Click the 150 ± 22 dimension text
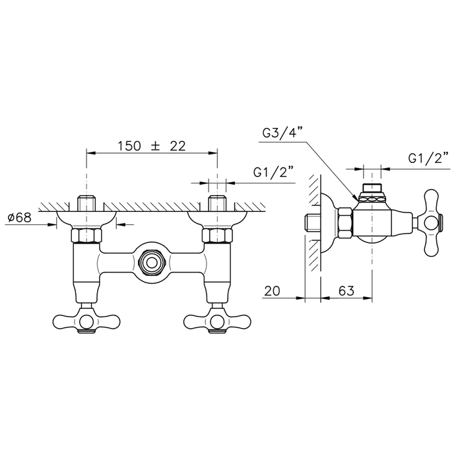pyautogui.click(x=152, y=146)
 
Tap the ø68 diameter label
pyautogui.click(x=20, y=218)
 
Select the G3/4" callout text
pyautogui.click(x=282, y=133)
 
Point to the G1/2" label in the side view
pyautogui.click(x=428, y=158)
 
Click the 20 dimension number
pyautogui.click(x=272, y=291)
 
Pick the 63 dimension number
pyautogui.click(x=346, y=291)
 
